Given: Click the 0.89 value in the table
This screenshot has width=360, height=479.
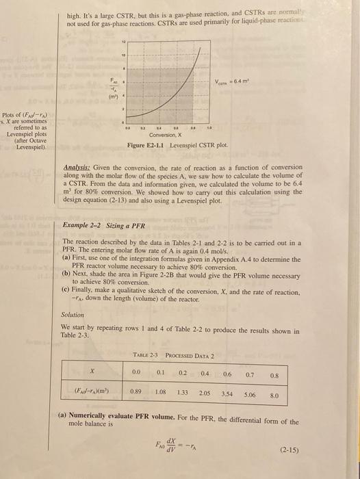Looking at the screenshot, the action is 136,395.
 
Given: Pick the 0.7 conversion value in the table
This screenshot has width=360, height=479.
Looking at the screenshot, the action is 250,373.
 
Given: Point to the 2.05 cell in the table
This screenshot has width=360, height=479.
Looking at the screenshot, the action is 204,395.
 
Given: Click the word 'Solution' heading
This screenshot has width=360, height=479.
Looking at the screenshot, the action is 73,315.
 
